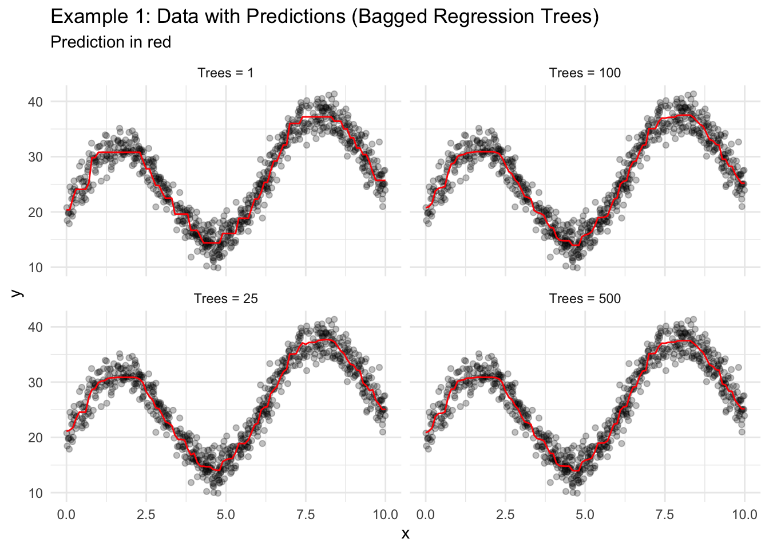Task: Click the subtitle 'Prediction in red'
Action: [x=111, y=42]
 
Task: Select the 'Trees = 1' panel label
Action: [x=225, y=73]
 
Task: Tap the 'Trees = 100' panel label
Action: [x=585, y=73]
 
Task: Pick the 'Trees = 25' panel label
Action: [x=225, y=298]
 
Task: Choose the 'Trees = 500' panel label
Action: [x=585, y=298]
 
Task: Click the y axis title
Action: [x=18, y=293]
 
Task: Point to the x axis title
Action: [x=405, y=534]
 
